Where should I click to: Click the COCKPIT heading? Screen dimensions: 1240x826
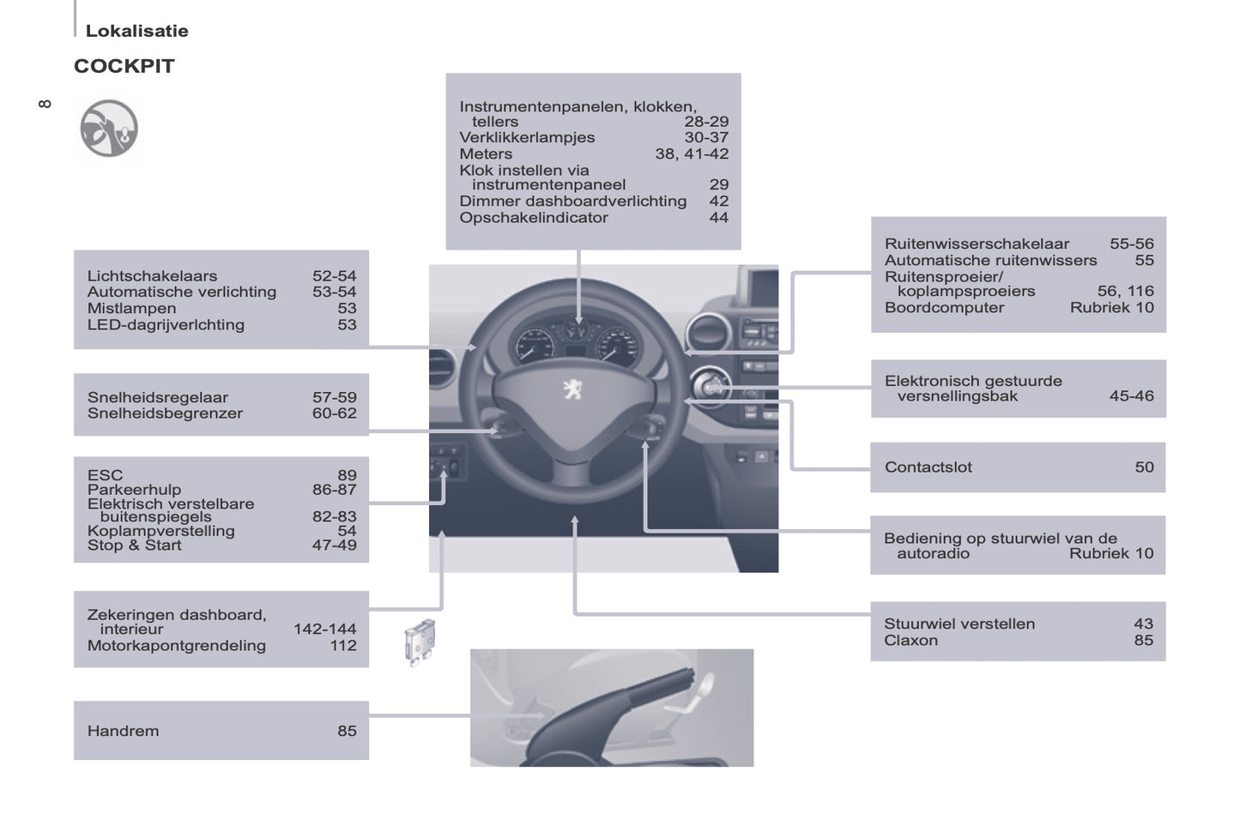124,66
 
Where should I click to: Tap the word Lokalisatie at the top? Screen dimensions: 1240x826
136,31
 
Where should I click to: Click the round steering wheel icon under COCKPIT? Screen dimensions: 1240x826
109,129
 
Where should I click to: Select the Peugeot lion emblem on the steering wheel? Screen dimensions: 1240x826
573,389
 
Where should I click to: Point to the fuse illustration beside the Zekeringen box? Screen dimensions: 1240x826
420,642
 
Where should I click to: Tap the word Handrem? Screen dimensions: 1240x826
123,731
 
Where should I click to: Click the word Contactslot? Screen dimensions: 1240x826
928,467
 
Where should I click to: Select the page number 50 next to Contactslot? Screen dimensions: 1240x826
1144,467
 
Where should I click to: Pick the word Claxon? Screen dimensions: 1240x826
910,640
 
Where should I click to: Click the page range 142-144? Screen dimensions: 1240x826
325,629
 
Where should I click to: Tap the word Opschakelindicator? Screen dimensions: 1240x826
534,217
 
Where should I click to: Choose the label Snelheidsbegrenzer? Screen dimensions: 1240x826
165,413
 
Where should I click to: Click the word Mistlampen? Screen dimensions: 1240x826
132,308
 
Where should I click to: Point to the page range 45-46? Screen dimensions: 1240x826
1132,396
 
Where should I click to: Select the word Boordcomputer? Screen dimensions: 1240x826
944,308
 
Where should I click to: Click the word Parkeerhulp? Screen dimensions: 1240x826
134,490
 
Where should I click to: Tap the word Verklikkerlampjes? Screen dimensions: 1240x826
527,137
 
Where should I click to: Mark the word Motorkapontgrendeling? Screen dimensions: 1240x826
177,646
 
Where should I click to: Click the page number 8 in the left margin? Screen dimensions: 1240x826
45,104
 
